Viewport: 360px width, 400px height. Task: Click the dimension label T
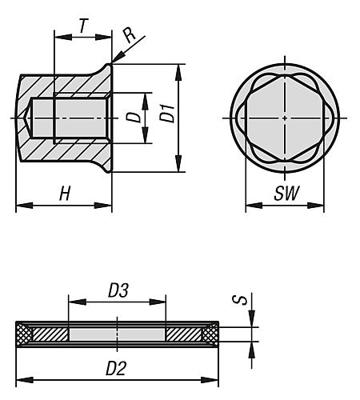click(x=83, y=26)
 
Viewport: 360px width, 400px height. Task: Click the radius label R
click(x=130, y=35)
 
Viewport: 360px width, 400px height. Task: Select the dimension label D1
click(x=167, y=114)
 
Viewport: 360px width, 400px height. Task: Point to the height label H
click(x=65, y=194)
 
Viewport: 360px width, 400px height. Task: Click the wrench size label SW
click(x=286, y=193)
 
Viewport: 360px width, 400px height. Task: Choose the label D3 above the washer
click(x=118, y=290)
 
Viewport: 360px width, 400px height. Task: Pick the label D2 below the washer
click(x=116, y=369)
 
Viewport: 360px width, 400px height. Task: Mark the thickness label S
click(x=240, y=300)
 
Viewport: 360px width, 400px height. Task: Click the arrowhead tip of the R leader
click(x=112, y=63)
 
